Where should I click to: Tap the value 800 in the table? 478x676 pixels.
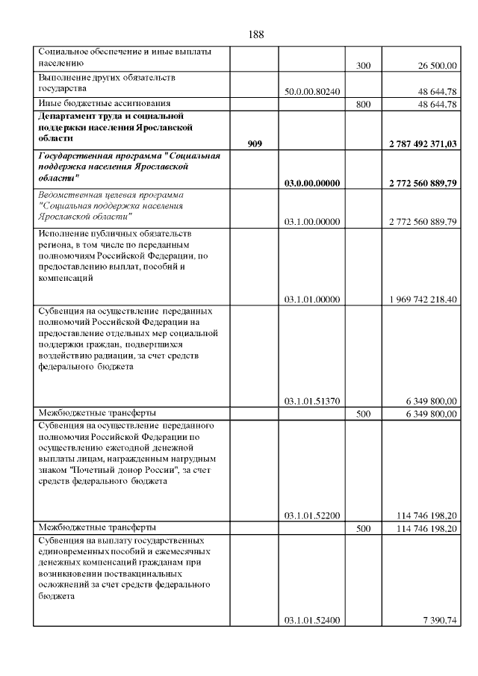click(364, 104)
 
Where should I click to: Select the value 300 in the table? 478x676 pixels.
click(364, 66)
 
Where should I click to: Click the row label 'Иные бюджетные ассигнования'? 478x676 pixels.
click(104, 103)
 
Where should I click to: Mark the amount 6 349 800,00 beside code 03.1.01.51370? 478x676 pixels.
click(430, 401)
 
